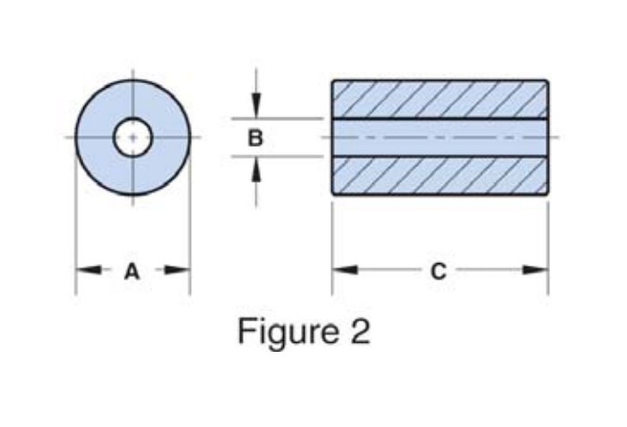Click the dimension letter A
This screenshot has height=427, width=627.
coord(132,270)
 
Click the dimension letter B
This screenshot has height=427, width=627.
coord(255,138)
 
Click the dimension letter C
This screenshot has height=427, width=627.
coord(438,270)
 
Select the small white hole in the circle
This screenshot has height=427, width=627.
coord(133,138)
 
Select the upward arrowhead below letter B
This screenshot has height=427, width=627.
coord(255,167)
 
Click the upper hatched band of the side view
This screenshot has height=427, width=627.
coord(439,98)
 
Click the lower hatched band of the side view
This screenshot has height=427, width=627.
coord(439,175)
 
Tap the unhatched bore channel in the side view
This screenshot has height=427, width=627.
coord(439,137)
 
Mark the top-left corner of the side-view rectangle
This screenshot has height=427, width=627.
coord(332,81)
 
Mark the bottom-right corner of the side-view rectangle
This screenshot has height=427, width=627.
coord(547,194)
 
